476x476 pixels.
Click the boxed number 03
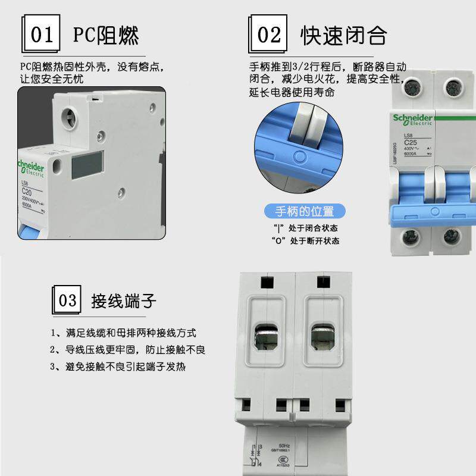click(x=68, y=299)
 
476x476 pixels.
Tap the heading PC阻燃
click(x=106, y=35)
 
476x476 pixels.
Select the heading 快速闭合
click(x=343, y=35)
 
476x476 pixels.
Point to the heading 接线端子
click(x=124, y=300)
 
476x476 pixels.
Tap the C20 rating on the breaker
click(x=27, y=191)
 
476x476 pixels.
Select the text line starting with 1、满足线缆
click(x=123, y=333)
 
